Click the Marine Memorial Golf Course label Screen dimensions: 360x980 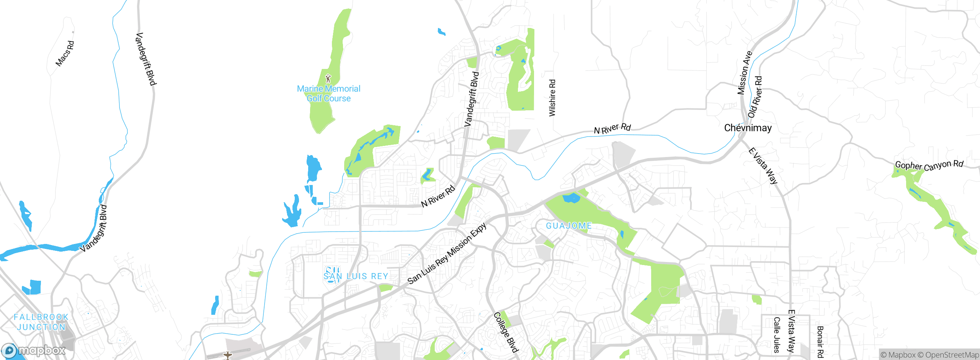point(328,93)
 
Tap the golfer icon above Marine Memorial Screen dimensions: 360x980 point(328,79)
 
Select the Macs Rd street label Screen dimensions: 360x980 point(65,54)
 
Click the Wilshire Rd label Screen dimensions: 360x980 point(552,98)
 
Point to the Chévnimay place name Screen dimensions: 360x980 point(748,128)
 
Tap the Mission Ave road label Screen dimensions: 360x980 point(745,73)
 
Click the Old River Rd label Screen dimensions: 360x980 point(755,97)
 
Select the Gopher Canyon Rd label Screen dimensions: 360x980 point(929,165)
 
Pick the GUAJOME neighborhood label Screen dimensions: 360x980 point(568,226)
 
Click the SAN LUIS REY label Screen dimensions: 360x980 point(356,276)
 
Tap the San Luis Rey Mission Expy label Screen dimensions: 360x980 point(447,254)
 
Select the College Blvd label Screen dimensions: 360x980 point(505,332)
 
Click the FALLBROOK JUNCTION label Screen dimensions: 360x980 point(41,322)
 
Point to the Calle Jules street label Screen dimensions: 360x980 point(776,335)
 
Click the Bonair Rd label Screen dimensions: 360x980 point(820,342)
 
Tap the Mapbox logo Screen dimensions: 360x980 point(34,350)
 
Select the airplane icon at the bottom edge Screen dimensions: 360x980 point(228,355)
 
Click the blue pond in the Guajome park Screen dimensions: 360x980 point(571,198)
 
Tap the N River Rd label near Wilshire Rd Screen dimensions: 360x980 point(612,129)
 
